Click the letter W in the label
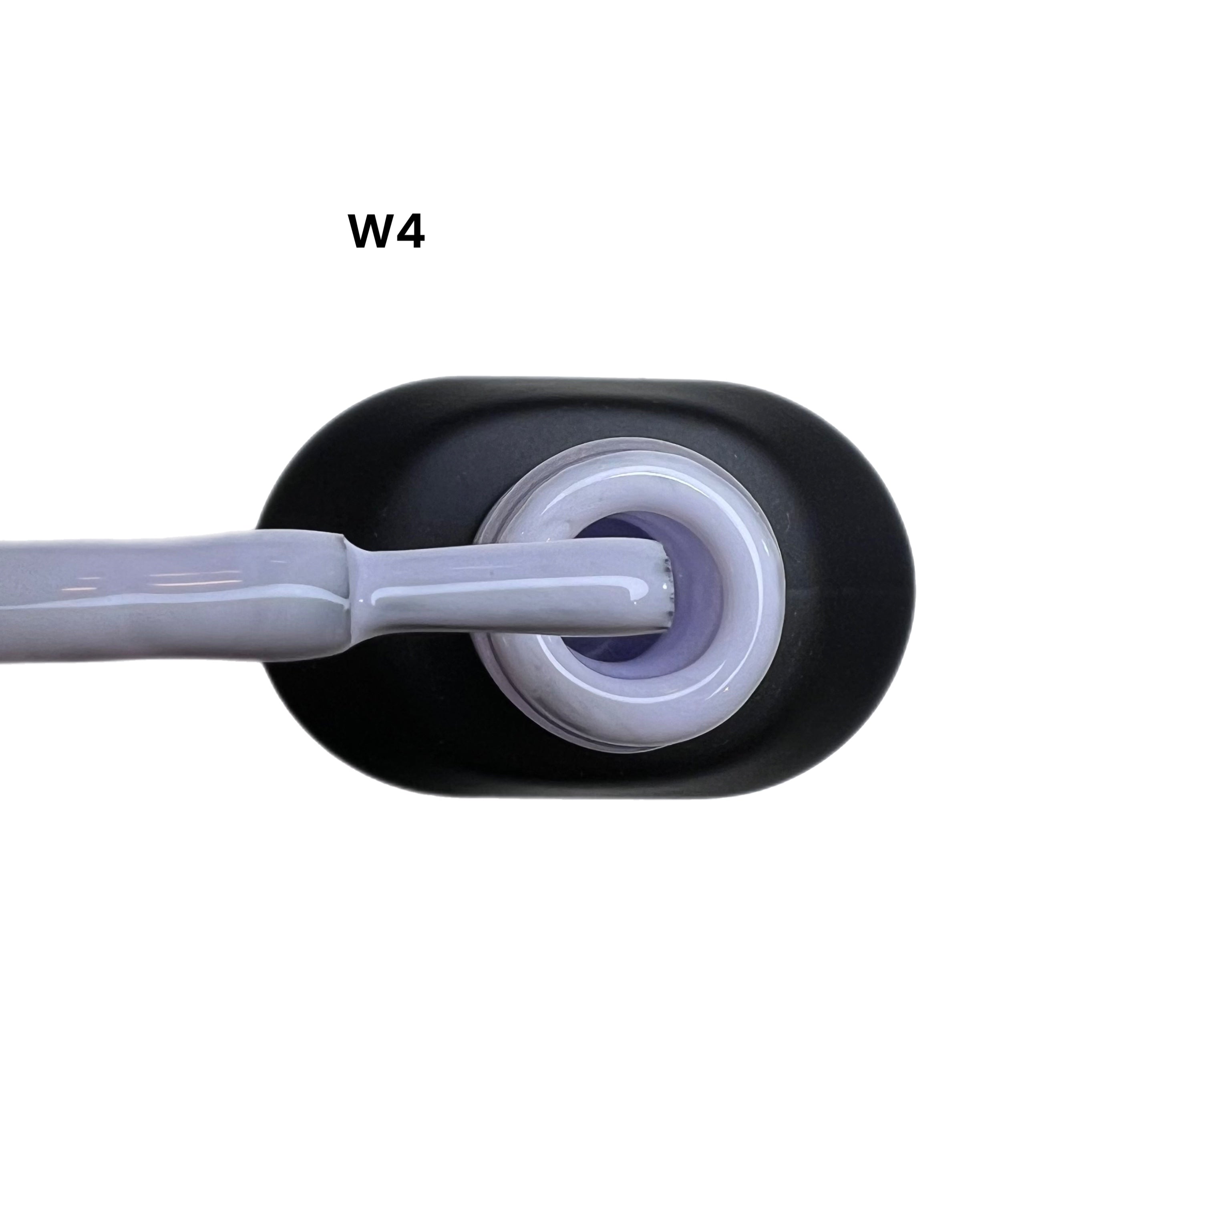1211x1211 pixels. [x=372, y=232]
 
